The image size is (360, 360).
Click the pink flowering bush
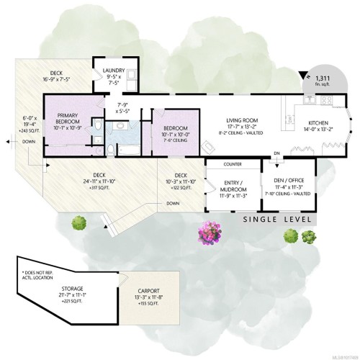pyautogui.click(x=212, y=232)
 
